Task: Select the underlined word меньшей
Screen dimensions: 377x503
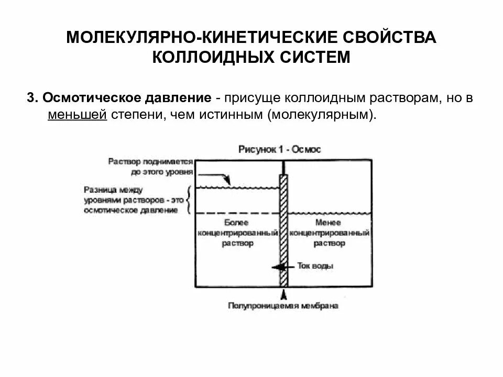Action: pos(77,115)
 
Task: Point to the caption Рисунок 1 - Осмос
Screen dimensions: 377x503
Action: pos(279,149)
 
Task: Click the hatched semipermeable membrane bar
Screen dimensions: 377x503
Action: pos(283,230)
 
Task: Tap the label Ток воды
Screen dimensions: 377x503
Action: pos(315,266)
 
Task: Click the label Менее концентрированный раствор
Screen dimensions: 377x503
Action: pos(330,233)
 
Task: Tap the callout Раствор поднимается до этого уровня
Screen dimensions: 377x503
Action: pos(151,167)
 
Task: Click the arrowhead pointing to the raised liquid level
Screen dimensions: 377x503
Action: pos(226,181)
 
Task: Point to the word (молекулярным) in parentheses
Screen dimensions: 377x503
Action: pos(322,115)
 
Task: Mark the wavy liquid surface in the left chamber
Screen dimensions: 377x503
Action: pos(236,187)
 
